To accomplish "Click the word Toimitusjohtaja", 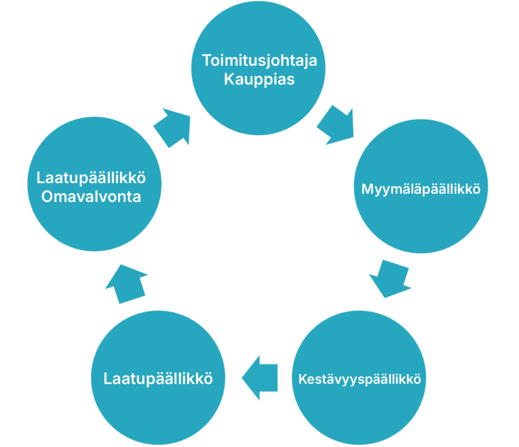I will tap(259, 61).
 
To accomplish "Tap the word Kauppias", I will tap(259, 80).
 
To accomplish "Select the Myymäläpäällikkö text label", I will tap(421, 189).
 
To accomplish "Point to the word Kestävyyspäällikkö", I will tap(360, 379).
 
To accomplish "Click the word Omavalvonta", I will tap(91, 197).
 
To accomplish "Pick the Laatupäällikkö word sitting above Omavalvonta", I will tap(91, 178).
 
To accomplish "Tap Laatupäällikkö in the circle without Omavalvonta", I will tap(158, 379).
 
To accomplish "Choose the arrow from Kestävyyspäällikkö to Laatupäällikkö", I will tap(260, 378).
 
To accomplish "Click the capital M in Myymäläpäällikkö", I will tap(367, 189).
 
